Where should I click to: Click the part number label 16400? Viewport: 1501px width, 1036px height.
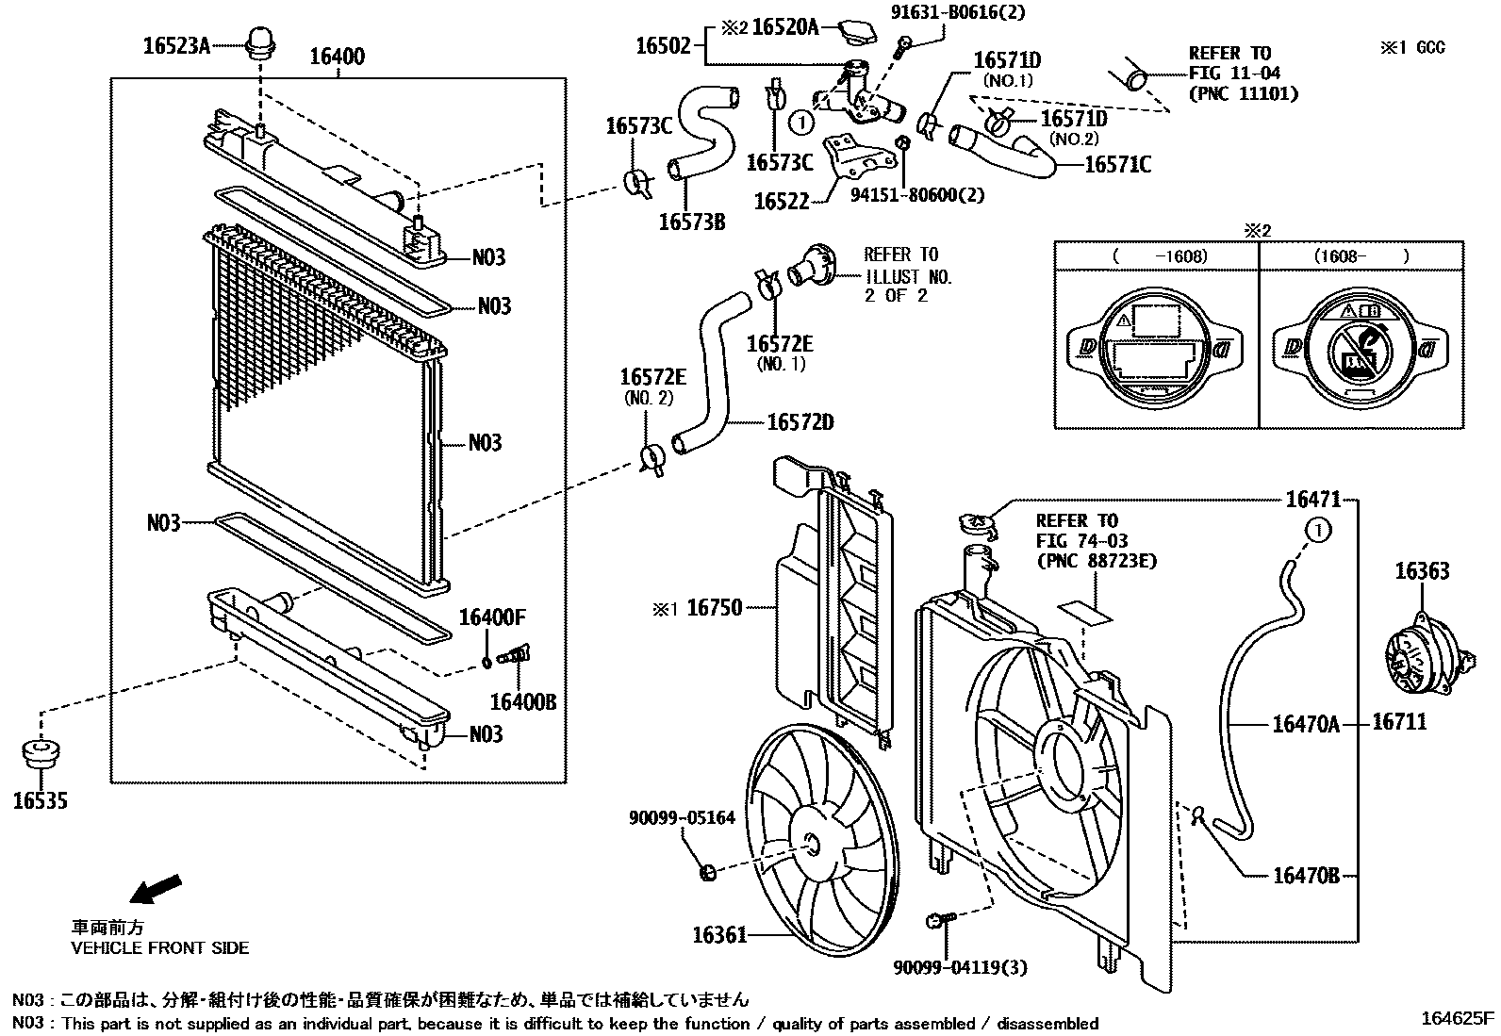click(338, 57)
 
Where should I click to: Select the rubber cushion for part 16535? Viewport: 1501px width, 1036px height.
click(41, 755)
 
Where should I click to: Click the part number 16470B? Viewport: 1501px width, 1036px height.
click(1305, 876)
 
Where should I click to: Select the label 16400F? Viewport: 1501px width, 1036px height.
click(491, 618)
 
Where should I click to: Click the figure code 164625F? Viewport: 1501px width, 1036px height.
click(1459, 1018)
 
